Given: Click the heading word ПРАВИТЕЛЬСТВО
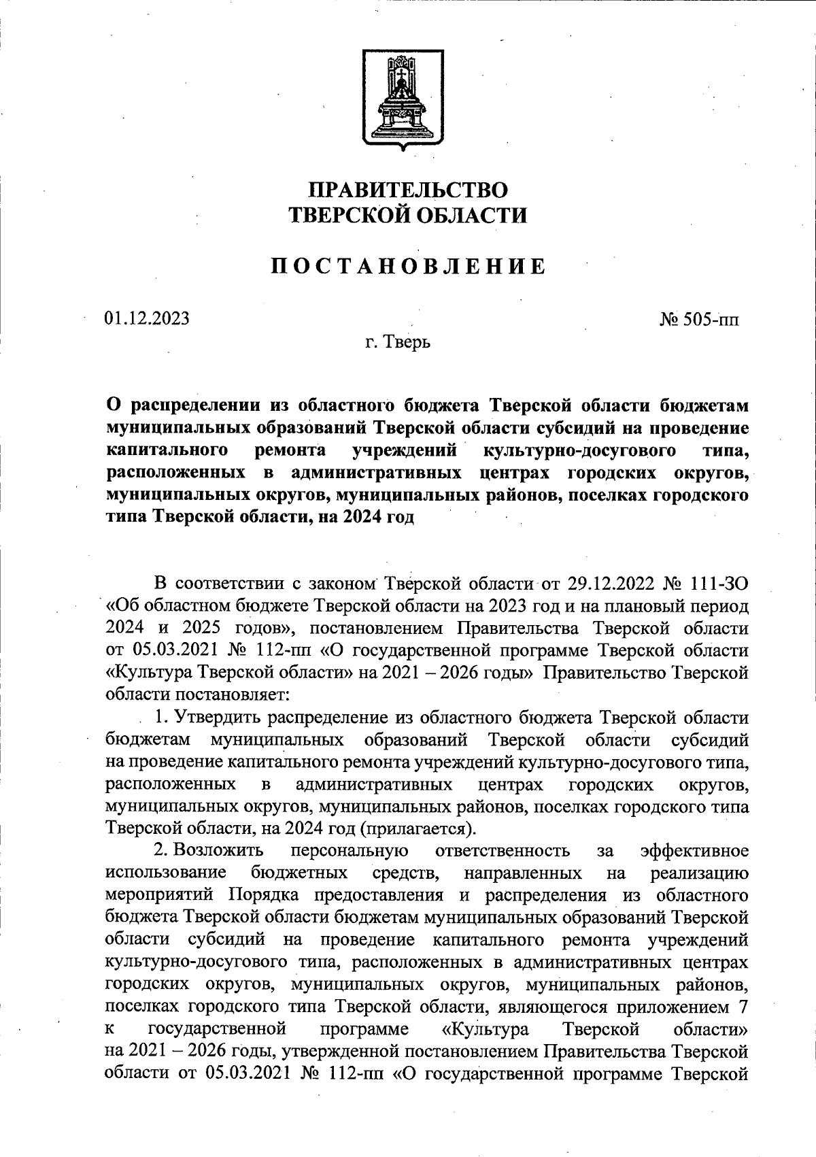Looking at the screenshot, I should [x=408, y=188].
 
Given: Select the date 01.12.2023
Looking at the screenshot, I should [x=147, y=318].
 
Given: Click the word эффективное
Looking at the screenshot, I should [x=695, y=851].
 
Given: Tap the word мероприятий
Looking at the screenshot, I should [x=162, y=895].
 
